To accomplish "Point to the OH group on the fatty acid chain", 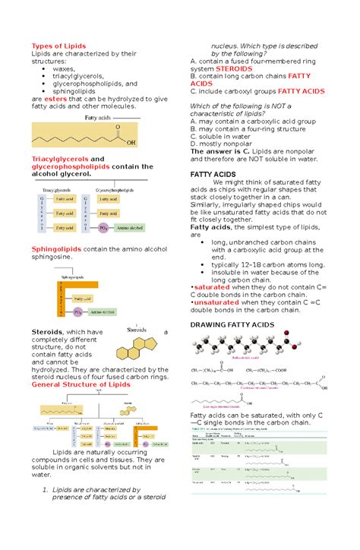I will tap(131, 141).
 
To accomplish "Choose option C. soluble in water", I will tap(227, 133).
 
